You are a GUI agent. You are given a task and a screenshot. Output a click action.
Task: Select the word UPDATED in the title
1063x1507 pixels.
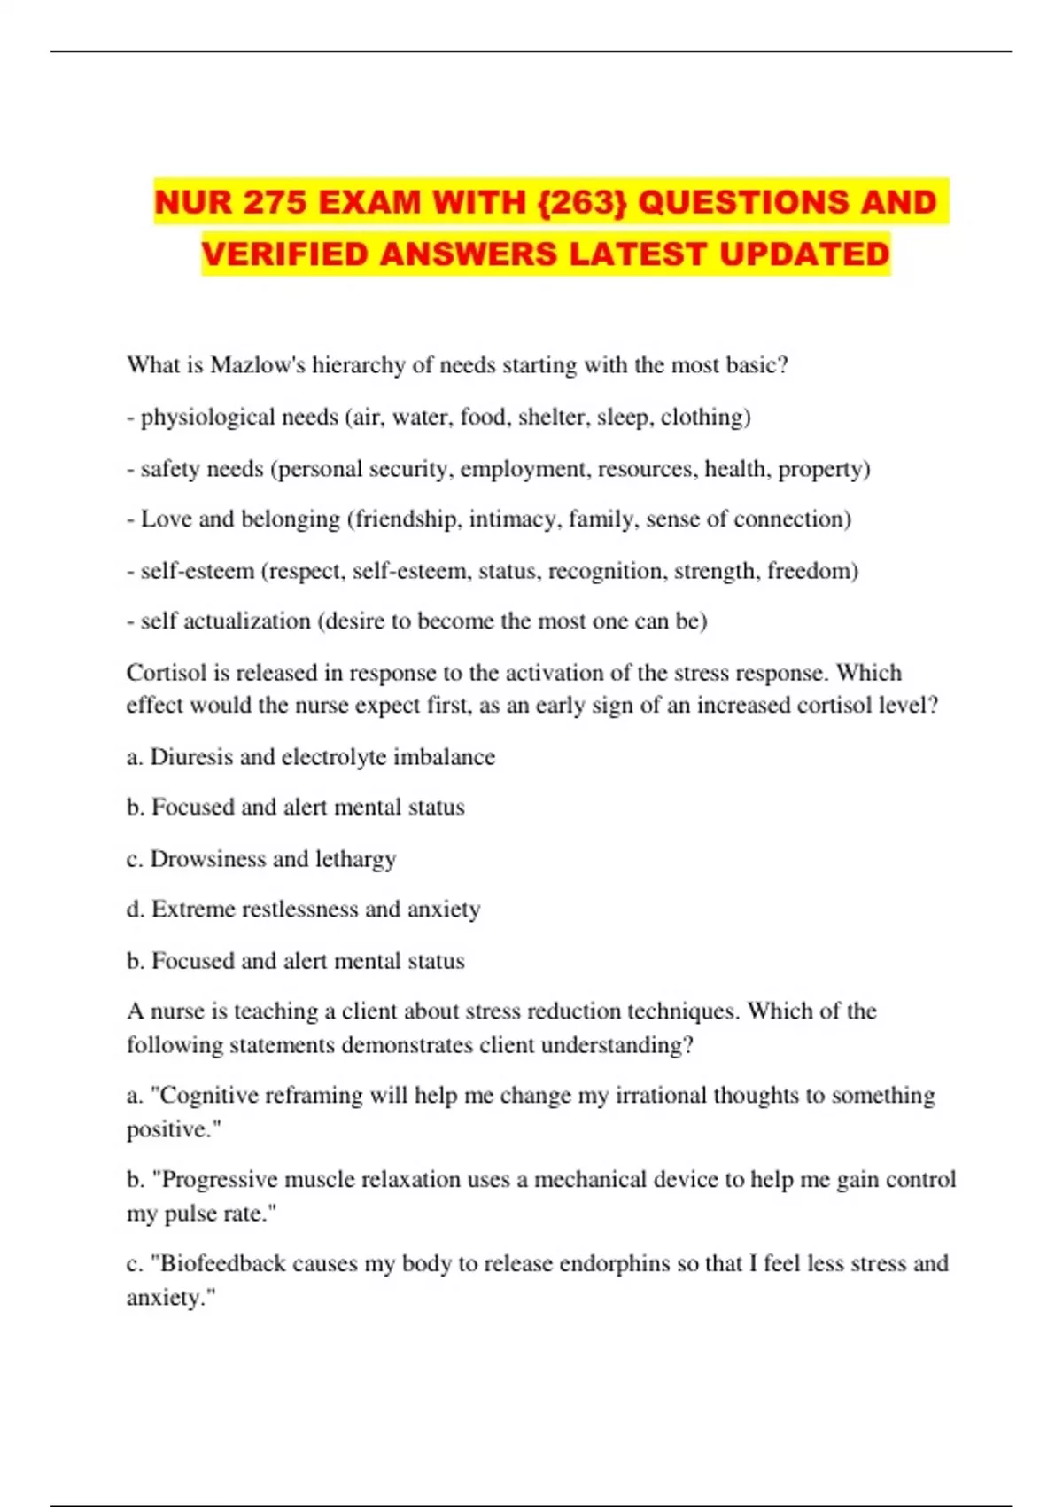pos(804,254)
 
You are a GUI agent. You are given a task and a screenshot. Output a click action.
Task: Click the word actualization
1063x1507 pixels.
pos(247,621)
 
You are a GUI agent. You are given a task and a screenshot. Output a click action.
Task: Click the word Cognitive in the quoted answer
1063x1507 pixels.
pos(210,1096)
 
